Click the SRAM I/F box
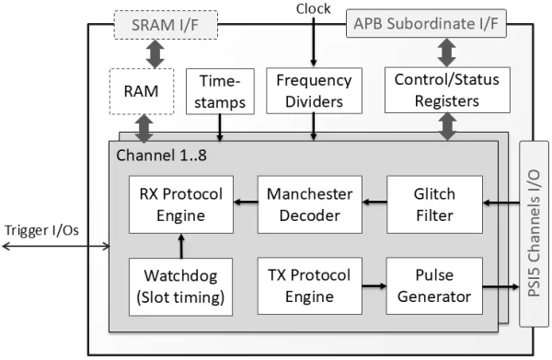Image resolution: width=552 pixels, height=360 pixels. [166, 25]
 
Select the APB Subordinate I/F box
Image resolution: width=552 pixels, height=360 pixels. [426, 24]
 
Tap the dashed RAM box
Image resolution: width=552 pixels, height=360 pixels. [142, 91]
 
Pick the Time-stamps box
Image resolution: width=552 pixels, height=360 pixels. [220, 91]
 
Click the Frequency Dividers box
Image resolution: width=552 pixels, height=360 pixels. [314, 90]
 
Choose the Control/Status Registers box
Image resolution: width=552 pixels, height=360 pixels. [447, 90]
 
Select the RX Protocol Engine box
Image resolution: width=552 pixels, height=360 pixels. [181, 204]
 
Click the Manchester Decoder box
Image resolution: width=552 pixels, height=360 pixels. [310, 204]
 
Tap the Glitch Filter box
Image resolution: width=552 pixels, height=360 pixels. [434, 204]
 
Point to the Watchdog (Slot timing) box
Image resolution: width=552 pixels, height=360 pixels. [180, 286]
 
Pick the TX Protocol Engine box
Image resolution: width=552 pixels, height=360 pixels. [310, 286]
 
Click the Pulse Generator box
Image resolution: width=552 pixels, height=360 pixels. [434, 286]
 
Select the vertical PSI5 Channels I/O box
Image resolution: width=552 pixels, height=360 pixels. [534, 234]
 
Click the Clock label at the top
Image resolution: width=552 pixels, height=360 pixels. [313, 9]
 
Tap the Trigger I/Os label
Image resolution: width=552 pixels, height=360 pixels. [41, 230]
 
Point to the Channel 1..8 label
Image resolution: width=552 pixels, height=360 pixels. [161, 156]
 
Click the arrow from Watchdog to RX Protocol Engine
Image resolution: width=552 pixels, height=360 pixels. [181, 246]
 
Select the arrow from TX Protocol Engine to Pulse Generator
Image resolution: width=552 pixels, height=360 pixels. [374, 285]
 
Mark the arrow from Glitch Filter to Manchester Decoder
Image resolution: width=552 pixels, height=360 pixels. [374, 202]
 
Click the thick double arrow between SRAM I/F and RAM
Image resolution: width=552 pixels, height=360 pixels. [155, 54]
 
